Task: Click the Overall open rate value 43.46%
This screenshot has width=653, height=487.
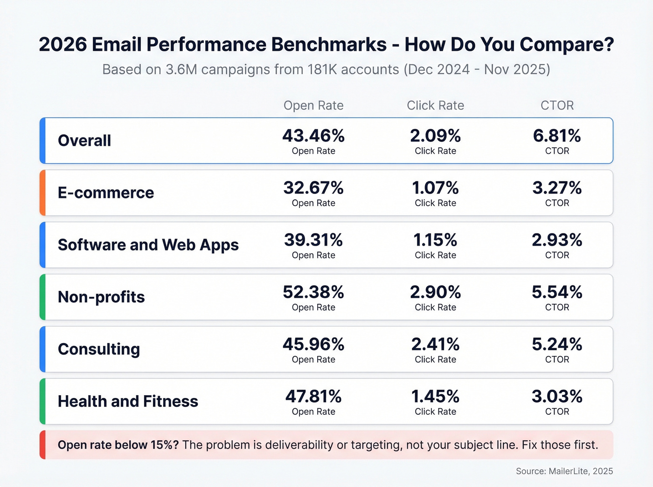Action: click(x=313, y=136)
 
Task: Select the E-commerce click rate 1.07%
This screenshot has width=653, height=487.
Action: click(x=435, y=188)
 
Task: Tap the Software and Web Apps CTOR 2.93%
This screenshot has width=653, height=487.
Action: click(x=557, y=240)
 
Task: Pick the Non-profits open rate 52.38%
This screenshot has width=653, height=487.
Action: click(x=313, y=293)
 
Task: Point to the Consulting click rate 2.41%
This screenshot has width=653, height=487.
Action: click(x=435, y=345)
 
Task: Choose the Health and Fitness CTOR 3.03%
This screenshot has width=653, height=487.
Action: click(x=557, y=397)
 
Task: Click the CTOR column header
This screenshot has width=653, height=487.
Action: click(x=557, y=105)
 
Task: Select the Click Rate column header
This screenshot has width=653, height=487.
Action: click(x=435, y=105)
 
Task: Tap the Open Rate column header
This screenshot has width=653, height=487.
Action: click(x=313, y=105)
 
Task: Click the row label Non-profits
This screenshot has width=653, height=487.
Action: click(x=101, y=297)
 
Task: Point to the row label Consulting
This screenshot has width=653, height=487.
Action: click(x=99, y=349)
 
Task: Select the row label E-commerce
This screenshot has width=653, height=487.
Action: click(x=106, y=192)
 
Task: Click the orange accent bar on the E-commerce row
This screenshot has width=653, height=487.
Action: click(x=42, y=192)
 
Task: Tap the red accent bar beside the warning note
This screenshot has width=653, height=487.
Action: click(x=42, y=445)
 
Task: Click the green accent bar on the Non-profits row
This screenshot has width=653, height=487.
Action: click(x=42, y=297)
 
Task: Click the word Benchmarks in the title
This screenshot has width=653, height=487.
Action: click(x=329, y=45)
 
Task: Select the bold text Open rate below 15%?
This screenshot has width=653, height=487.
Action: click(x=118, y=445)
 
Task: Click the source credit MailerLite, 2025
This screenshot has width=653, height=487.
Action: click(x=581, y=471)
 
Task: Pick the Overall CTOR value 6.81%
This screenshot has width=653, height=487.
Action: click(x=557, y=136)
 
